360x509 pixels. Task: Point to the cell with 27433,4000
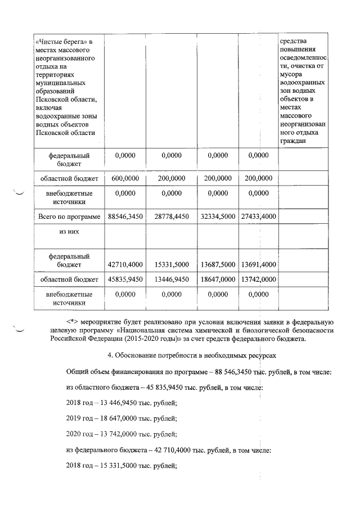tap(258, 215)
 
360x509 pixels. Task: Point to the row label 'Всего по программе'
tap(69, 215)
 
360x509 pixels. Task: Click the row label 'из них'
tap(69, 231)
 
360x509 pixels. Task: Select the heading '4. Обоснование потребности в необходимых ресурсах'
tap(190, 357)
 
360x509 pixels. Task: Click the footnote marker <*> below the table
tap(74, 321)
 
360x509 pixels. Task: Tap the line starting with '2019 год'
tap(121, 418)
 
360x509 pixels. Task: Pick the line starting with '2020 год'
tap(121, 434)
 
